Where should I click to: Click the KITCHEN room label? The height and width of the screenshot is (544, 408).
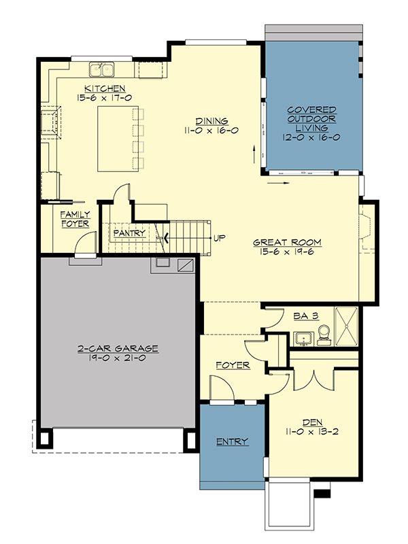pyautogui.click(x=105, y=88)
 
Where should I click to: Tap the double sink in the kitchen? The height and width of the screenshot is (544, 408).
pyautogui.click(x=102, y=70)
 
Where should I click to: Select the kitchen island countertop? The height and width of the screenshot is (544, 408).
pyautogui.click(x=118, y=139)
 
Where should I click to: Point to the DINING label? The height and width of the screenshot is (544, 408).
pyautogui.click(x=211, y=121)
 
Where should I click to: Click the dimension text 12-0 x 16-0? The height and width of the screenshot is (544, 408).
pyautogui.click(x=311, y=137)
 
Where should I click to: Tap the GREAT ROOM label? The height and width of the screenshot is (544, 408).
pyautogui.click(x=287, y=242)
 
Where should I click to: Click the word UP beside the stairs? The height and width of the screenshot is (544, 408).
pyautogui.click(x=219, y=238)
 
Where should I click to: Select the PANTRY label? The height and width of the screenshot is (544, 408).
pyautogui.click(x=129, y=233)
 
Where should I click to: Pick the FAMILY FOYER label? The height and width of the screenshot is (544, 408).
pyautogui.click(x=75, y=219)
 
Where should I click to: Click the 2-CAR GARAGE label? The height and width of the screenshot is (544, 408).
pyautogui.click(x=118, y=348)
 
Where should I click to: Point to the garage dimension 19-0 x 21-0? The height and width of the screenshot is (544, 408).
pyautogui.click(x=117, y=358)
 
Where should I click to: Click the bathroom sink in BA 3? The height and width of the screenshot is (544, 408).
pyautogui.click(x=303, y=339)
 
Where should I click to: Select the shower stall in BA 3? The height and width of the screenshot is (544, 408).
pyautogui.click(x=346, y=326)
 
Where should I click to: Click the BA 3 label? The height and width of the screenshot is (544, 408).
pyautogui.click(x=306, y=316)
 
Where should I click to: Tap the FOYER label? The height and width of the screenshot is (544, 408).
pyautogui.click(x=233, y=365)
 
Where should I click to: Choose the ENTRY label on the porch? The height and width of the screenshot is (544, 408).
pyautogui.click(x=232, y=441)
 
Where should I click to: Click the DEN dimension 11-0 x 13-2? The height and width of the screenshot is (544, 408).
pyautogui.click(x=312, y=432)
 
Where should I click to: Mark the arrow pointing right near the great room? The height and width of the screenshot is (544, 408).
pyautogui.click(x=278, y=183)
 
